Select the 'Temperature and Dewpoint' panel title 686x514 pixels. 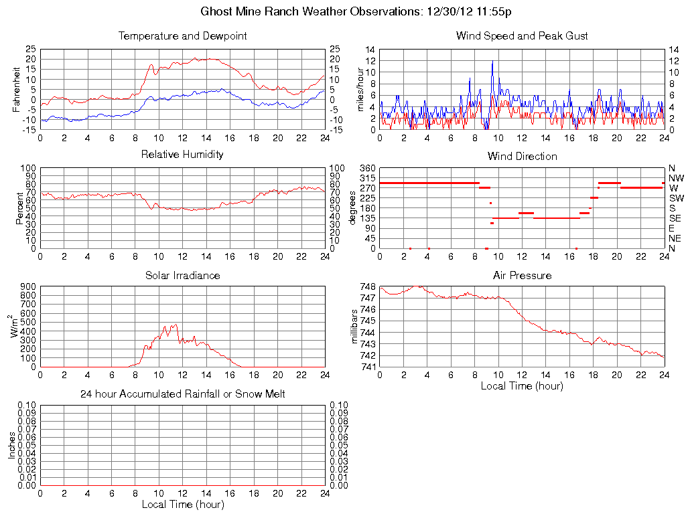(x=182, y=35)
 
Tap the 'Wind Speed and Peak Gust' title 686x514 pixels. (x=522, y=35)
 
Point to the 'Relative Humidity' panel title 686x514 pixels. (x=182, y=155)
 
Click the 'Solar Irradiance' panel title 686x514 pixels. (x=182, y=275)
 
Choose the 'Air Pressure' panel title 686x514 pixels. (x=522, y=275)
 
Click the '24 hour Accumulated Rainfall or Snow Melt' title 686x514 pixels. (x=182, y=394)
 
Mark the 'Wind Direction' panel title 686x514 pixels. (x=522, y=156)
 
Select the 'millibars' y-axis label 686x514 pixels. (x=356, y=327)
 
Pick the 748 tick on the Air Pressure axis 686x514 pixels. (x=368, y=286)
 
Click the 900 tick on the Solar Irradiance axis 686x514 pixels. (x=27, y=286)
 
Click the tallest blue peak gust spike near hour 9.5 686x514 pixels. (x=492, y=62)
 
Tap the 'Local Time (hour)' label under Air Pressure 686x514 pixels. (x=522, y=385)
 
